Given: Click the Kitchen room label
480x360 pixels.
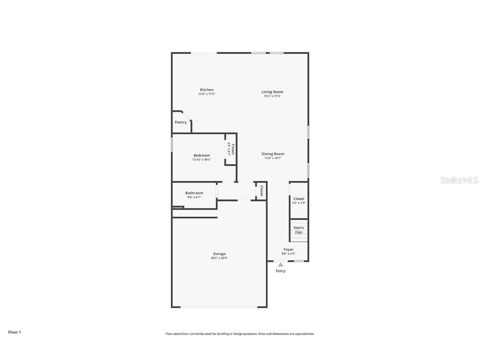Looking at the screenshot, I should click(x=207, y=90).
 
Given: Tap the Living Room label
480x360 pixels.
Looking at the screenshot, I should click(x=272, y=92).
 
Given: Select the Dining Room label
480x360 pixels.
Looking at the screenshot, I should click(x=273, y=154).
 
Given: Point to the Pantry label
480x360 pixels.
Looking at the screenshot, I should click(x=181, y=122).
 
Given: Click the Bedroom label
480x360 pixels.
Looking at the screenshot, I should click(x=202, y=155).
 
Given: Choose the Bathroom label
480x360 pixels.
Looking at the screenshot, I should click(x=194, y=193).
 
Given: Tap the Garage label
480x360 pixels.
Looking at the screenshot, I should click(x=219, y=254).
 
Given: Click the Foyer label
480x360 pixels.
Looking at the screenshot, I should click(x=288, y=250).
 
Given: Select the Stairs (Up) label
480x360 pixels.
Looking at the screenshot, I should click(x=298, y=230).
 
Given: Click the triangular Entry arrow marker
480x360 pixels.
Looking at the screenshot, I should click(x=281, y=265).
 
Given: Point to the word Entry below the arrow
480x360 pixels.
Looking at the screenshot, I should click(x=281, y=271).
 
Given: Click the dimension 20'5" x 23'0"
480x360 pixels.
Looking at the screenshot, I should click(x=219, y=258).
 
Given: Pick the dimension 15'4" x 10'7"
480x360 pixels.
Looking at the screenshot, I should click(x=273, y=158).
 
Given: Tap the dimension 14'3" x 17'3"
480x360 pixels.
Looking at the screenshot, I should click(x=207, y=94).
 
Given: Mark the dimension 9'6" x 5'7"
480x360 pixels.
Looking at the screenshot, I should click(x=194, y=197).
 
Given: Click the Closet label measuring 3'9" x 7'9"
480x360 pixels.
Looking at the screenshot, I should click(x=299, y=199).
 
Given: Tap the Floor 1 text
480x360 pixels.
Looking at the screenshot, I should click(x=14, y=332).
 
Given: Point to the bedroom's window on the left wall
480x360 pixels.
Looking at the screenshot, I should click(x=172, y=145).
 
